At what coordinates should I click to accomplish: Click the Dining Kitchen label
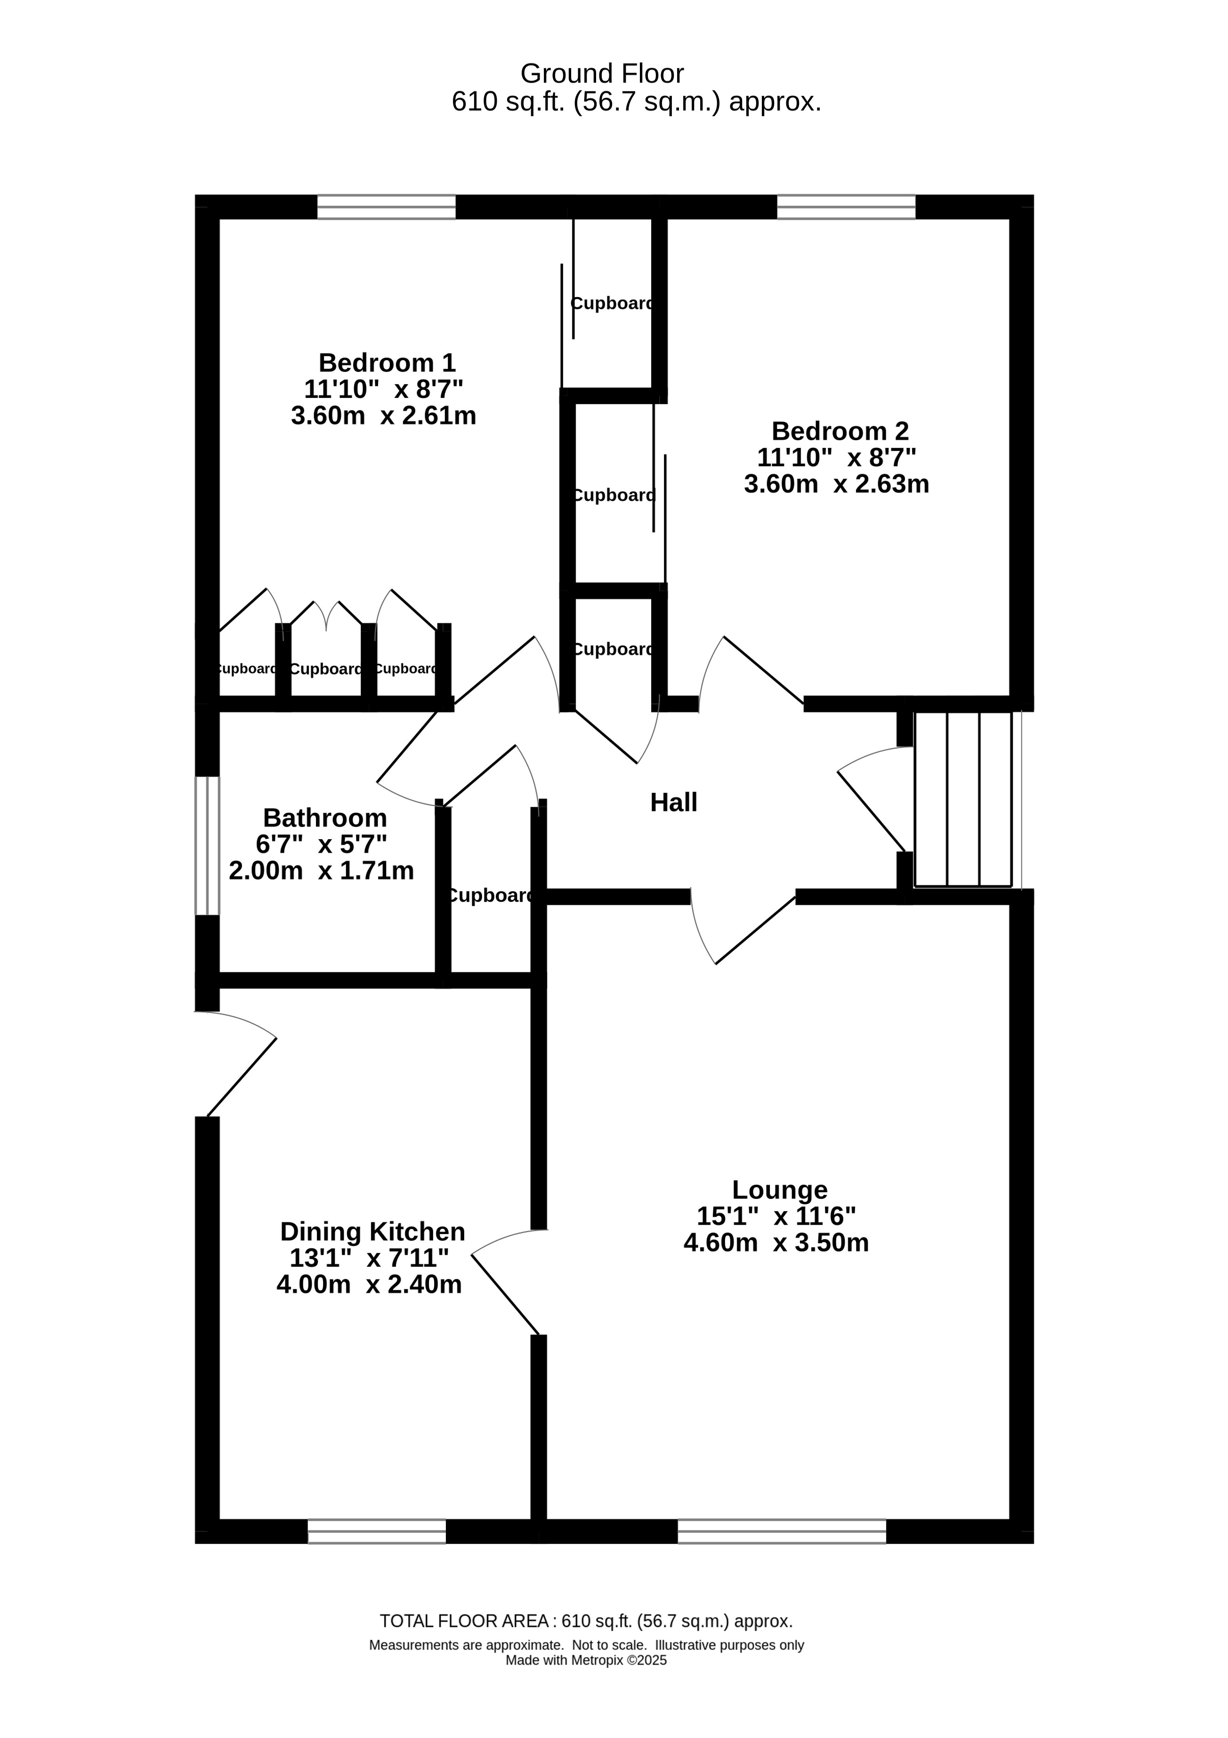(372, 1232)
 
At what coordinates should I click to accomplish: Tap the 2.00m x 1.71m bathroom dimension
(321, 871)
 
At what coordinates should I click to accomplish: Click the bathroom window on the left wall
(207, 846)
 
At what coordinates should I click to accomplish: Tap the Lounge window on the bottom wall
(781, 1531)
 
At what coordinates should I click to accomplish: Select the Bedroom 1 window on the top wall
(386, 207)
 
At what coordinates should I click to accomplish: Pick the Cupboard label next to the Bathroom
(490, 896)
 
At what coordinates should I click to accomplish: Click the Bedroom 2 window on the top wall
(847, 207)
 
